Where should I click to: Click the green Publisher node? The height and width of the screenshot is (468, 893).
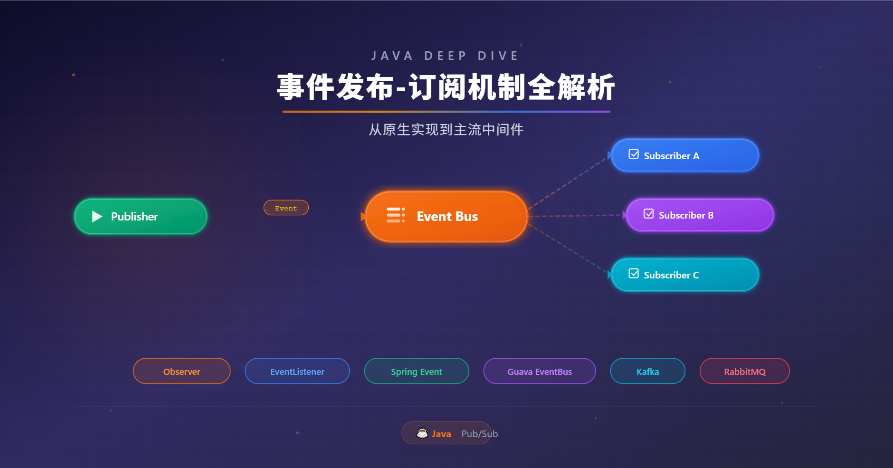tap(141, 217)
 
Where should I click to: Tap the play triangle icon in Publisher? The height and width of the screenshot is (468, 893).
tap(97, 217)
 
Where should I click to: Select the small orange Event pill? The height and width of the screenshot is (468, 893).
tap(286, 208)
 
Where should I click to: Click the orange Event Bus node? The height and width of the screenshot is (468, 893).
tap(446, 217)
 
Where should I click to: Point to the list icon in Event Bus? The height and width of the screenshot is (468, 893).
tap(395, 215)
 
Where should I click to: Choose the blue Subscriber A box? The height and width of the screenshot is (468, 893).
tap(685, 155)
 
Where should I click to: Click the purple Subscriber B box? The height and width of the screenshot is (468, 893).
tap(700, 215)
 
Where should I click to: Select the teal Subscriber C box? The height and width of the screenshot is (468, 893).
tap(685, 275)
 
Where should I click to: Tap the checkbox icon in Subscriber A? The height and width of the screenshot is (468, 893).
tap(634, 154)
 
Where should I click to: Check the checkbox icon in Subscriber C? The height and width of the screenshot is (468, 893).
tap(634, 273)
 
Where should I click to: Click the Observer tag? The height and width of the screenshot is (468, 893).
tap(181, 371)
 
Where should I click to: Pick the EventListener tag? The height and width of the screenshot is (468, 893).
tap(297, 371)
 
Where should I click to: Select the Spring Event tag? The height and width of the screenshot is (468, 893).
tap(417, 371)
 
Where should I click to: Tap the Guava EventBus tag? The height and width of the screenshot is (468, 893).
tap(540, 371)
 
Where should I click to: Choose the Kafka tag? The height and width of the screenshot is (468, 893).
tap(647, 371)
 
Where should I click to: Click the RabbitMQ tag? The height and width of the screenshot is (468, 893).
tap(745, 371)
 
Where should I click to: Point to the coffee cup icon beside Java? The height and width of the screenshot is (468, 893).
tap(422, 433)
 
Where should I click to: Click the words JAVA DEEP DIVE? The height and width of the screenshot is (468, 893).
tap(446, 56)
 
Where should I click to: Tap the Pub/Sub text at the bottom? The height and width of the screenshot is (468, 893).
tap(479, 434)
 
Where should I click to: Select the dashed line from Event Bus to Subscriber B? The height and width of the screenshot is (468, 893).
tap(576, 216)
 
